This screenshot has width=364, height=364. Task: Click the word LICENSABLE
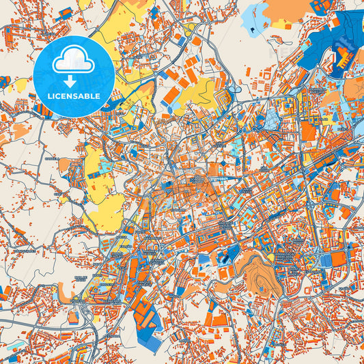[74, 96]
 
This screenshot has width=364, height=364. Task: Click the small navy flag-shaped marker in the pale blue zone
[253, 29]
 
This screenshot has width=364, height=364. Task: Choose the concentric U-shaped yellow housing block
[286, 107]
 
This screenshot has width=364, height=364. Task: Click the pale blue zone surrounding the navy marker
[254, 17]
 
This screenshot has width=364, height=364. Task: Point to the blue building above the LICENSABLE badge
[66, 12]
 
